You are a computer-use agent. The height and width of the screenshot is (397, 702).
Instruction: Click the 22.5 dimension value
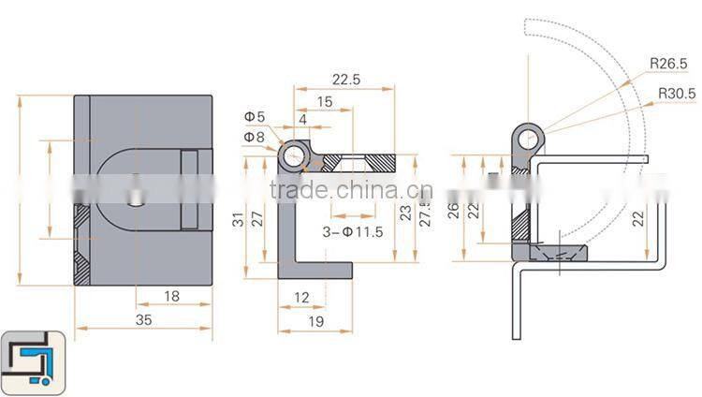tap(344, 81)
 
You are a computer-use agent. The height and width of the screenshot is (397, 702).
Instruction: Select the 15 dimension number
tap(324, 101)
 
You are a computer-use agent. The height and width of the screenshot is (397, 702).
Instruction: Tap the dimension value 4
tap(302, 119)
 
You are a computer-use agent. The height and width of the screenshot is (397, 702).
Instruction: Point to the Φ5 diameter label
tap(255, 117)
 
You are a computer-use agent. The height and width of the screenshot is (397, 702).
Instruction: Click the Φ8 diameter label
tap(254, 138)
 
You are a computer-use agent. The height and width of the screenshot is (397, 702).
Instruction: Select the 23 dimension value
tap(404, 213)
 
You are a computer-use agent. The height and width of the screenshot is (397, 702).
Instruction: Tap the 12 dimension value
tap(300, 298)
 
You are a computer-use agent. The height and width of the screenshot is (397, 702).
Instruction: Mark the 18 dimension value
tap(171, 297)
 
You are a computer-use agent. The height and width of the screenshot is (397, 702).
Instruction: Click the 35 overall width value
tap(143, 319)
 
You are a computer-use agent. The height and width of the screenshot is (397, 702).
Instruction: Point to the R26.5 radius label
tap(667, 64)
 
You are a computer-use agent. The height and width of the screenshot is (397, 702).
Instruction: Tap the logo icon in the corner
tap(33, 361)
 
